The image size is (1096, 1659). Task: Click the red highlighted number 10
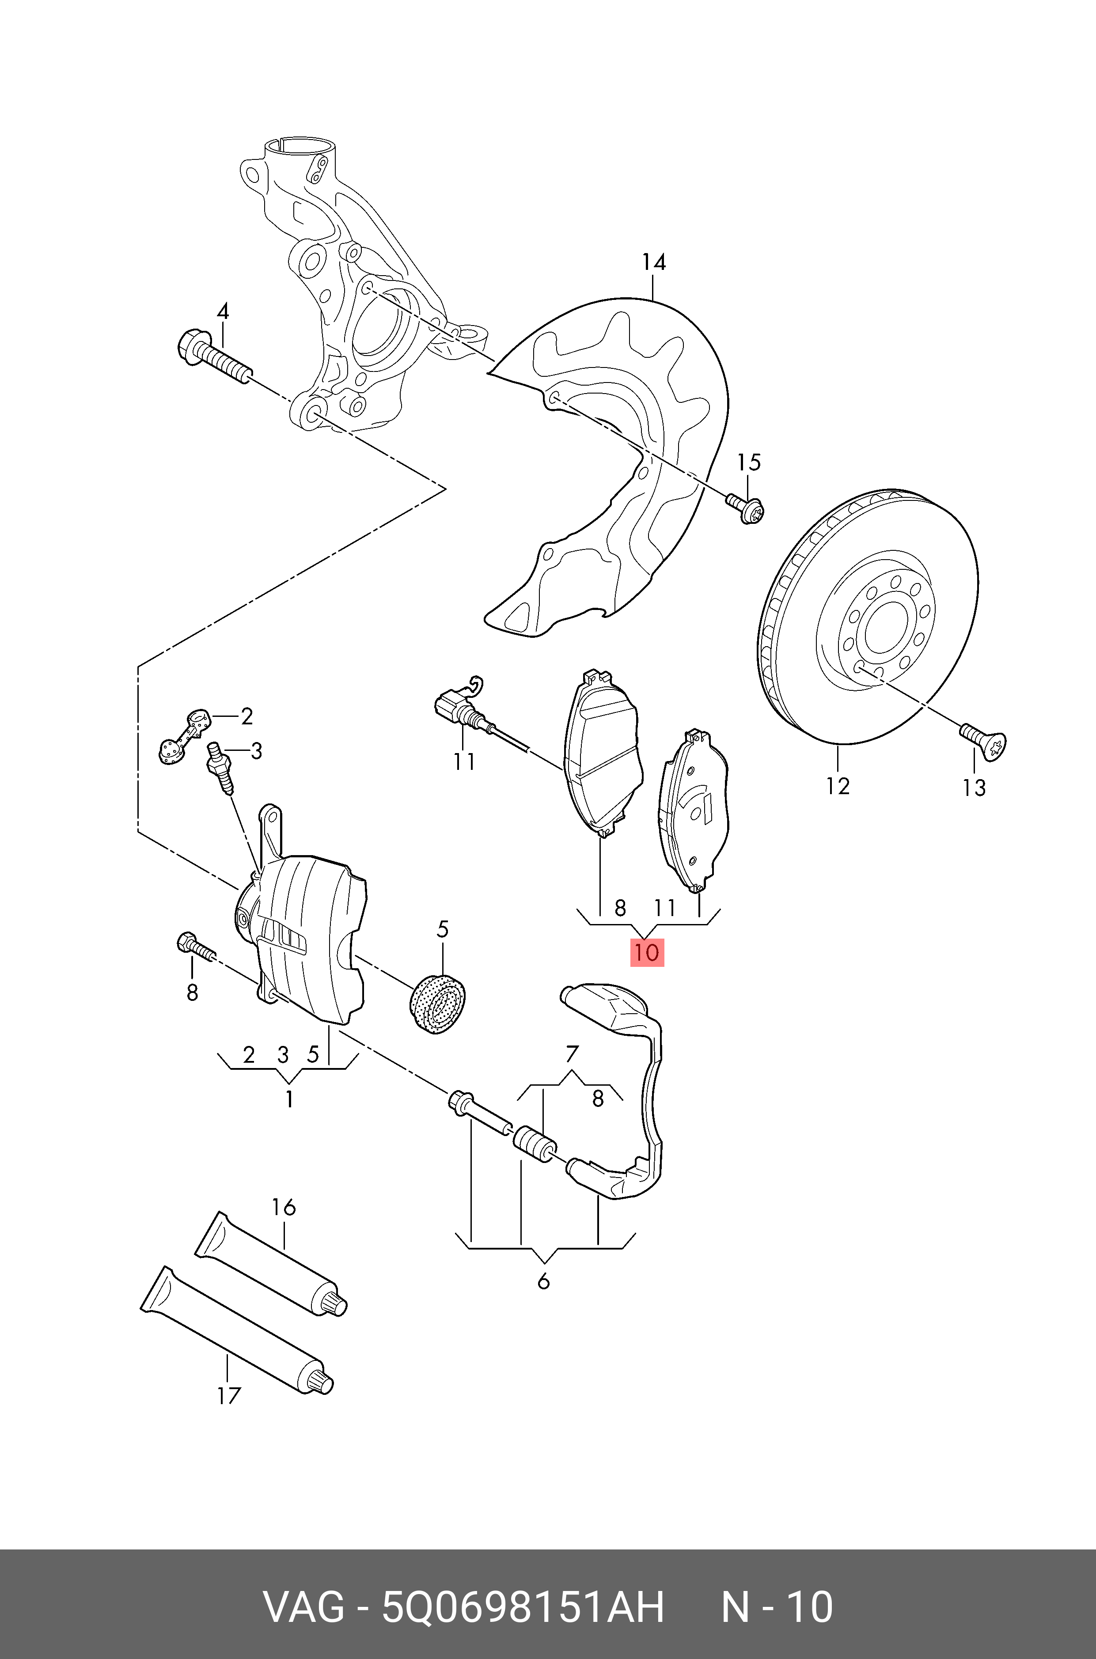coord(647,952)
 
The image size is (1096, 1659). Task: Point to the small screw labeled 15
coord(746,508)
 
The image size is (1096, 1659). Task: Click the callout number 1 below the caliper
coord(288,1099)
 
